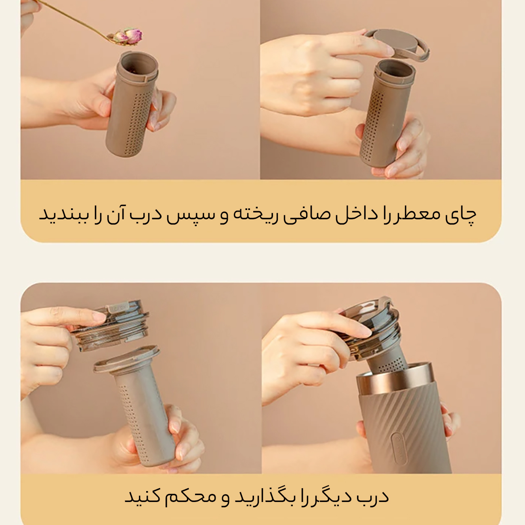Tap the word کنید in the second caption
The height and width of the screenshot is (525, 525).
(x=143, y=497)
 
